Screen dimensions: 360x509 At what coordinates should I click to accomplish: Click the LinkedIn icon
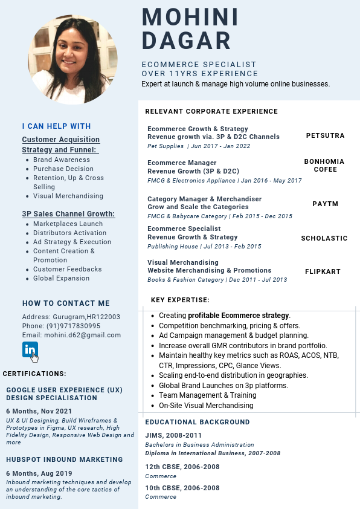pyautogui.click(x=30, y=349)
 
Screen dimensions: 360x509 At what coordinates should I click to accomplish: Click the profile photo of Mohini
pyautogui.click(x=73, y=59)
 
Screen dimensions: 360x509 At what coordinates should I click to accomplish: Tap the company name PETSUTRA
pyautogui.click(x=325, y=135)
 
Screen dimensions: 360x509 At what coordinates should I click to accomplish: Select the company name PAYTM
pyautogui.click(x=325, y=204)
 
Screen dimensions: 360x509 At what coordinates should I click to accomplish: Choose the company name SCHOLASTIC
pyautogui.click(x=324, y=239)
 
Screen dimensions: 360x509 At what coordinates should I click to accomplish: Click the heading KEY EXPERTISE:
pyautogui.click(x=180, y=300)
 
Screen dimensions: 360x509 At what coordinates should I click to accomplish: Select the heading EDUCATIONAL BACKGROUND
pyautogui.click(x=197, y=422)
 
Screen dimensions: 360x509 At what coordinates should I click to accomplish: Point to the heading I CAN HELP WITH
pyautogui.click(x=56, y=126)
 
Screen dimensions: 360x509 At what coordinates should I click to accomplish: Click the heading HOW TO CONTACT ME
pyautogui.click(x=66, y=303)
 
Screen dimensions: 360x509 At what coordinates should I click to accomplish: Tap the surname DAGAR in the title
pyautogui.click(x=186, y=41)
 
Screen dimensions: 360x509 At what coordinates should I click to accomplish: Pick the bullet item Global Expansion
pyautogui.click(x=61, y=278)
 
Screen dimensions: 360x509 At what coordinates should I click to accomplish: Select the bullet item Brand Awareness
pyautogui.click(x=62, y=160)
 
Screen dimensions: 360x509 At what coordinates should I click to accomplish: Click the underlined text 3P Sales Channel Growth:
pyautogui.click(x=68, y=214)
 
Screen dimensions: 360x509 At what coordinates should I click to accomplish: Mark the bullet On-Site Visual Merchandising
pyautogui.click(x=206, y=406)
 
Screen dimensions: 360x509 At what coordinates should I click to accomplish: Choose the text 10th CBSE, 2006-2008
pyautogui.click(x=182, y=488)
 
